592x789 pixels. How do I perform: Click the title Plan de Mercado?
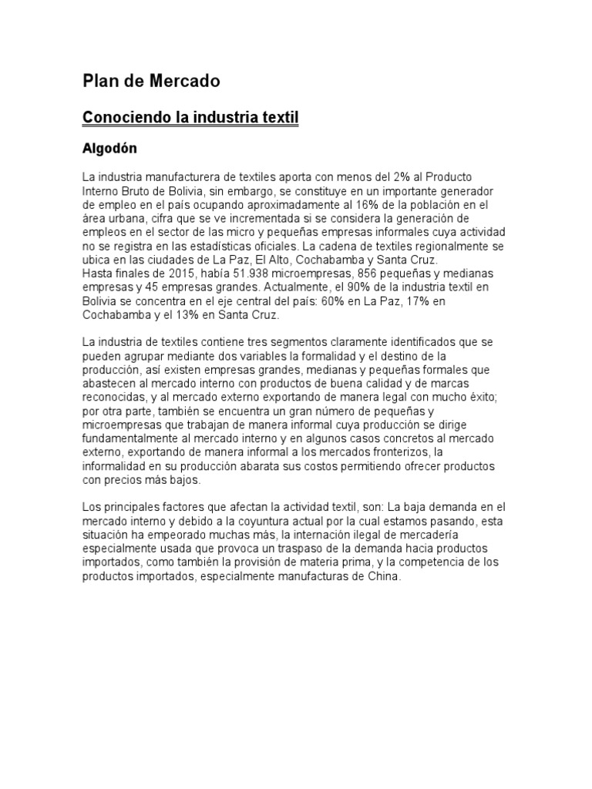[151, 81]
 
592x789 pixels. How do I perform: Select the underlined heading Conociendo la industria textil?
[190, 118]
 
